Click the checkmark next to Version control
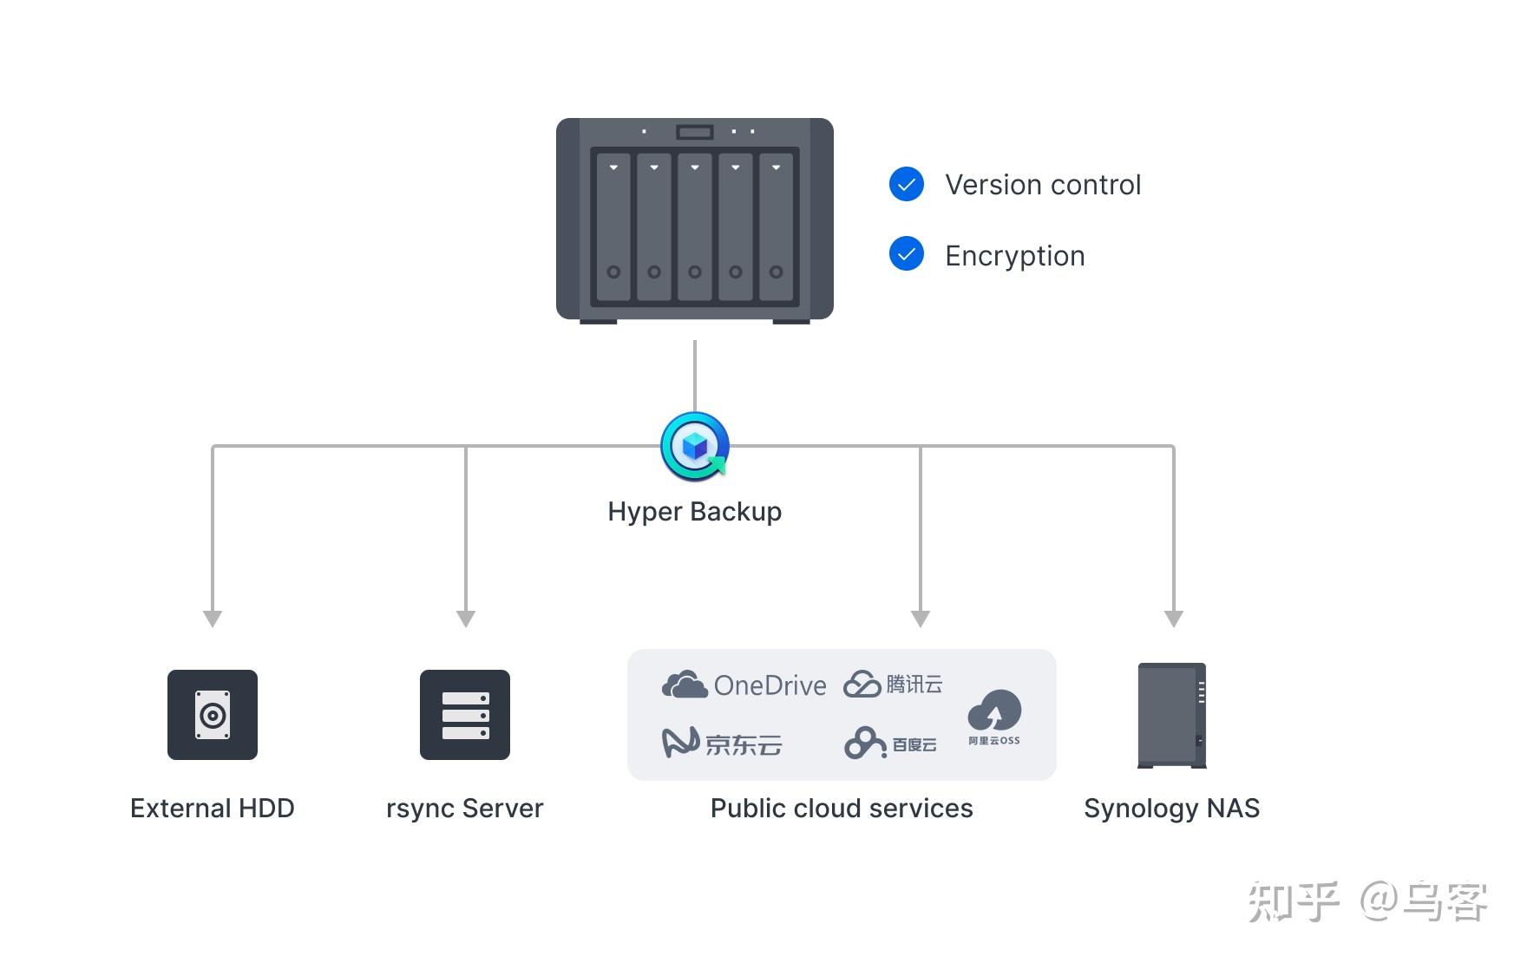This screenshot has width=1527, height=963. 907,184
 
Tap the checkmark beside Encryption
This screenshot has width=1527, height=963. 907,254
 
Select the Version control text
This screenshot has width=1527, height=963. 1042,185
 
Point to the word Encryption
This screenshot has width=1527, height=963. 1014,256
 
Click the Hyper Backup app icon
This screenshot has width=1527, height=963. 694,446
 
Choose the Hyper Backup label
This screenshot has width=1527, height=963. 694,512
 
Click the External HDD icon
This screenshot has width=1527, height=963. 213,715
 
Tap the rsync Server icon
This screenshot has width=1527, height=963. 465,715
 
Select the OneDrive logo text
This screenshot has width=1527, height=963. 770,686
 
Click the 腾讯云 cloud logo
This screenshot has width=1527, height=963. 893,685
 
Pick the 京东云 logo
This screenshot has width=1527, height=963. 722,744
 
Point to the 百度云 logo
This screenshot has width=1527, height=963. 890,744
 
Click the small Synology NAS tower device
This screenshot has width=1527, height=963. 1172,715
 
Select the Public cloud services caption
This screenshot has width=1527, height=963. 842,809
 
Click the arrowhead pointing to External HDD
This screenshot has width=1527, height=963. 213,618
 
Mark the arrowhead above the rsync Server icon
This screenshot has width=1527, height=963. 466,618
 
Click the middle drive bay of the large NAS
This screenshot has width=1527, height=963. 695,227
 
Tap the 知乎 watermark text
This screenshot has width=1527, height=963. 1294,902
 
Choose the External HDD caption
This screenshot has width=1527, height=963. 213,809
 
